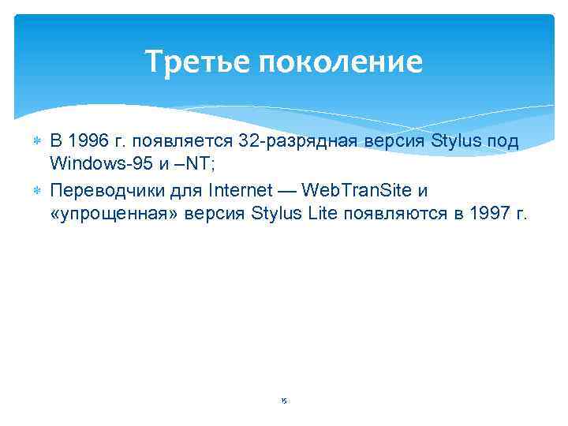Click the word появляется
coord(181,141)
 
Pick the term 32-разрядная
coord(302,141)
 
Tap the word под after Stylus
coord(502,141)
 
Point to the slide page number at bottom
coord(284,402)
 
